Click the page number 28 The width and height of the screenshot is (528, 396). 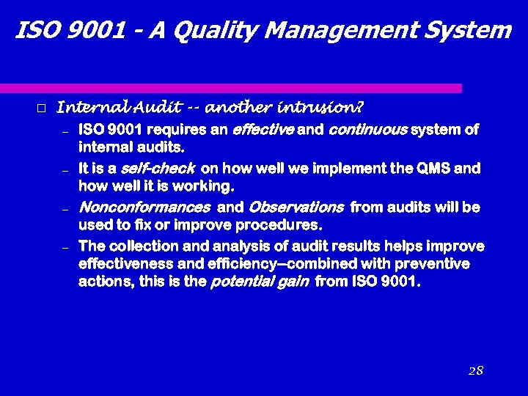(475, 370)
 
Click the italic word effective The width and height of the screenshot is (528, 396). (263, 131)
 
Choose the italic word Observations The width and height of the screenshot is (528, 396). (296, 208)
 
